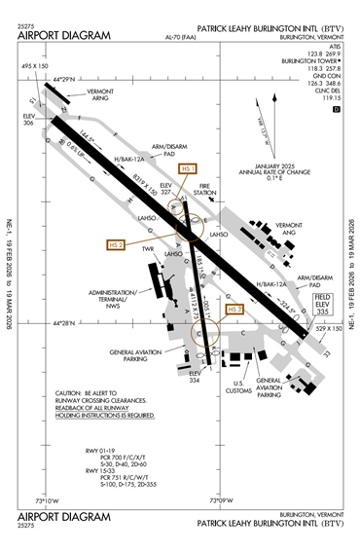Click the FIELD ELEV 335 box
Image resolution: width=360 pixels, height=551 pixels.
click(324, 302)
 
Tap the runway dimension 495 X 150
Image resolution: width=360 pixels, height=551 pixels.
click(34, 66)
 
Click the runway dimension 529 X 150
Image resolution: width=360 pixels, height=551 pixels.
click(327, 329)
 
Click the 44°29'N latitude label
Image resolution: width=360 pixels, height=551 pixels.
click(68, 77)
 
